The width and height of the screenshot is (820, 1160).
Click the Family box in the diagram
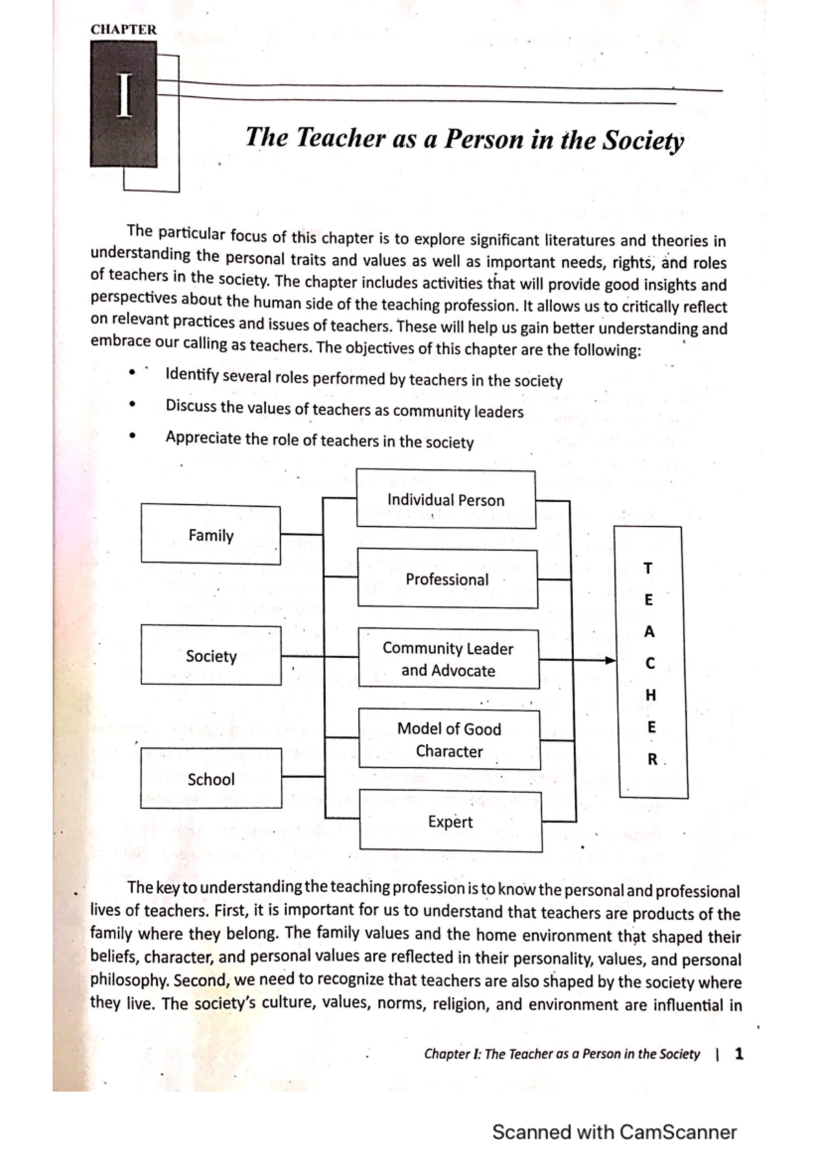210,535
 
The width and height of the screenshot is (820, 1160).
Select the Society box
211,655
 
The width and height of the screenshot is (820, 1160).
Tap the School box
211,778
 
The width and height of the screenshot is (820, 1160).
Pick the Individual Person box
446,499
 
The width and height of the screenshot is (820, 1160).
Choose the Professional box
448,579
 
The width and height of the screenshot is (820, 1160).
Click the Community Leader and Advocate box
448,659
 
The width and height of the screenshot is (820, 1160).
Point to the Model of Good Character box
450,739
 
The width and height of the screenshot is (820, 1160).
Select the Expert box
450,821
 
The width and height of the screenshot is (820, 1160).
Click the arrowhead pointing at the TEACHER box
610,661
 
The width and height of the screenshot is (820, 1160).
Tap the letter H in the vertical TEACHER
651,695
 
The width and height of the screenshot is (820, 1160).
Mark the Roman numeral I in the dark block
124,97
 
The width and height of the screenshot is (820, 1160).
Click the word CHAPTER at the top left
124,30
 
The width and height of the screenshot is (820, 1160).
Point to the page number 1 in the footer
738,1053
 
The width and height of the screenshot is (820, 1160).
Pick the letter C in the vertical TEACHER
650,663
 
